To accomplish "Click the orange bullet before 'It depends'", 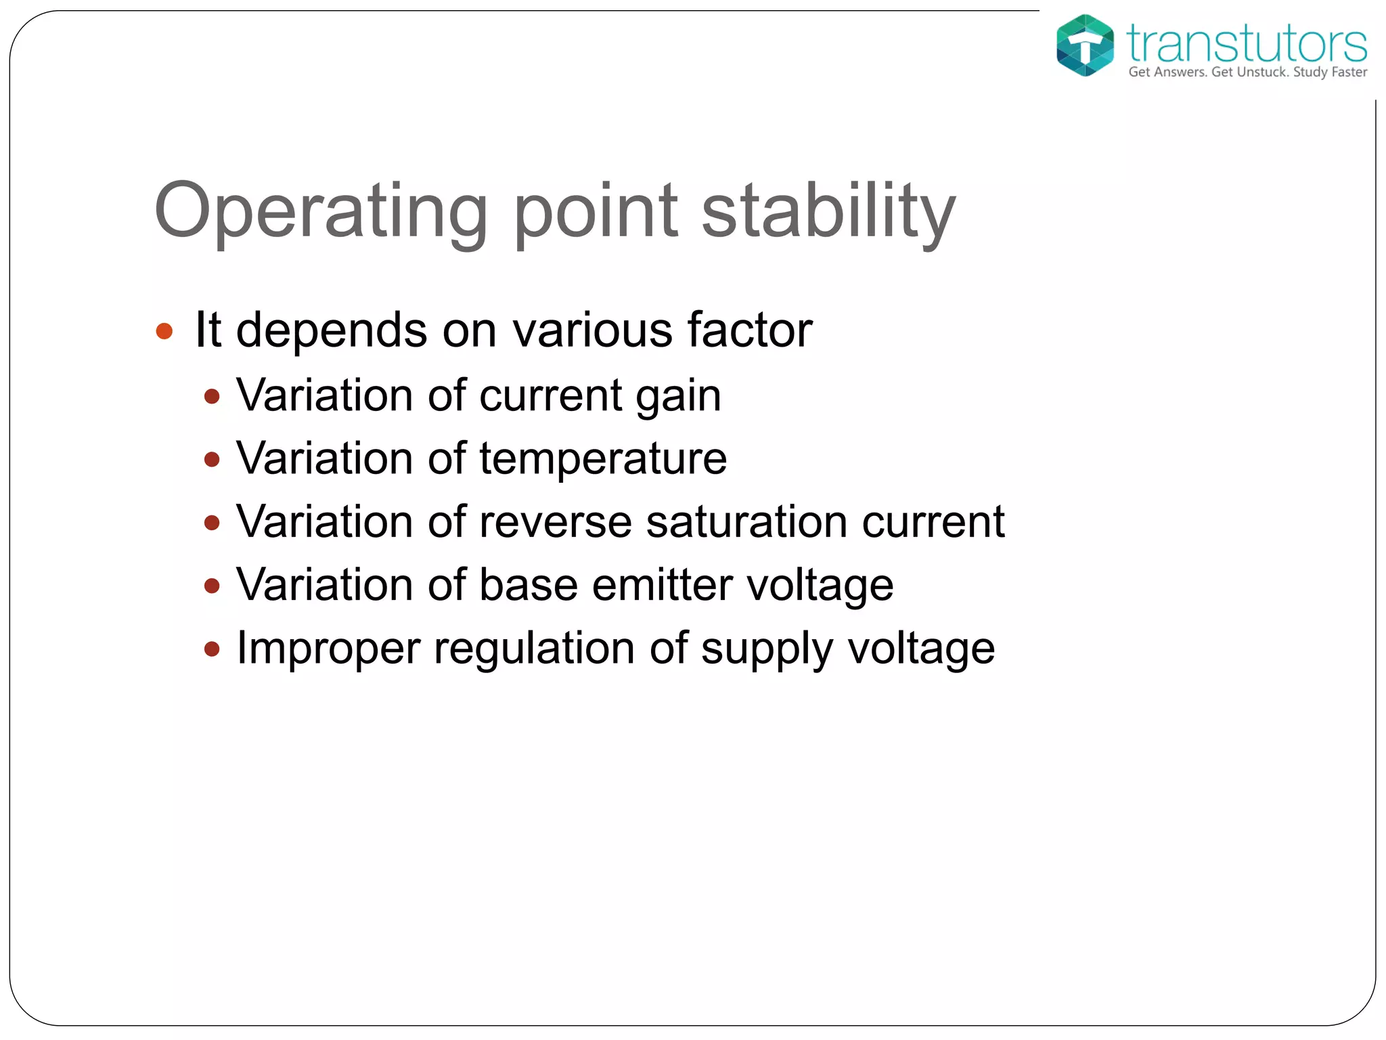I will coord(164,331).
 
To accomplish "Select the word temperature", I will coord(603,459).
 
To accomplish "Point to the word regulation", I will coord(534,649).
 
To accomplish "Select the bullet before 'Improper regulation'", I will coord(212,649).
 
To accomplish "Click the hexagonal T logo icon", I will coord(1084,45).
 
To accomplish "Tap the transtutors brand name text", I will coord(1246,43).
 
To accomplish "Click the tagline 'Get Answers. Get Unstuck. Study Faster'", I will coord(1247,72).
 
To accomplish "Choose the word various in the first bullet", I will coord(592,330).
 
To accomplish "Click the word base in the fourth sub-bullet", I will coord(529,585).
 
